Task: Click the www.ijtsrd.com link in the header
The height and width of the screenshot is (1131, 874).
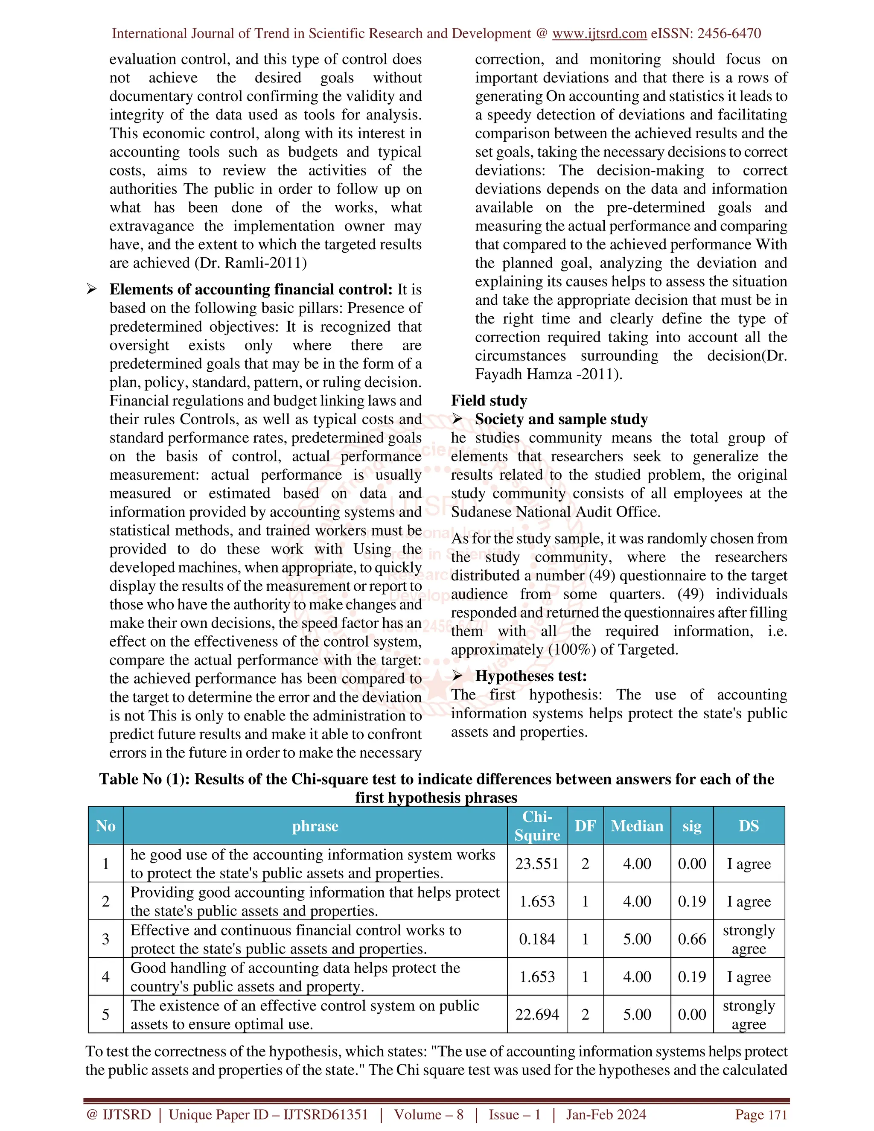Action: [599, 34]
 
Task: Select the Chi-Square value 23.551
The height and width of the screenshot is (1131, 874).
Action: [537, 863]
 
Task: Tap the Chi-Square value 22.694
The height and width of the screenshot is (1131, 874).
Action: [537, 1014]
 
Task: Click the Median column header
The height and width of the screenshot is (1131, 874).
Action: [637, 825]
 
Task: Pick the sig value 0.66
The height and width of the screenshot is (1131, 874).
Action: [692, 939]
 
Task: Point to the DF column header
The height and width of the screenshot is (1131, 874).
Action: [585, 825]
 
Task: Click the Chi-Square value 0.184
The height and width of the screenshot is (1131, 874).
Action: [537, 939]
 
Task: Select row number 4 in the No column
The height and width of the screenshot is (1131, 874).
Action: [106, 977]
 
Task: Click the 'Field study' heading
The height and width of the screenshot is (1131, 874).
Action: [489, 400]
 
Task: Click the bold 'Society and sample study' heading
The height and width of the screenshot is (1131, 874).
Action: [561, 419]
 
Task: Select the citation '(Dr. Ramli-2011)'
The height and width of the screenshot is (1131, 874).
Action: [251, 263]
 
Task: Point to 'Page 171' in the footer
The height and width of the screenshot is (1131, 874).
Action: [760, 1114]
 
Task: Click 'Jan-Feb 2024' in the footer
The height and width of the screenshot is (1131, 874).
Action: [606, 1114]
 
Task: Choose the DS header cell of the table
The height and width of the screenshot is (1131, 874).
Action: [749, 825]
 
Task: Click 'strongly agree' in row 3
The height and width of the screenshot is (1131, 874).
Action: [749, 939]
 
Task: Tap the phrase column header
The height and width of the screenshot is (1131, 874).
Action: [315, 825]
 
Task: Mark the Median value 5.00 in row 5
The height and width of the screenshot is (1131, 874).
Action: [637, 1014]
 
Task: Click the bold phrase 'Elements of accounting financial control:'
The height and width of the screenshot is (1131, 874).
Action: [251, 289]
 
